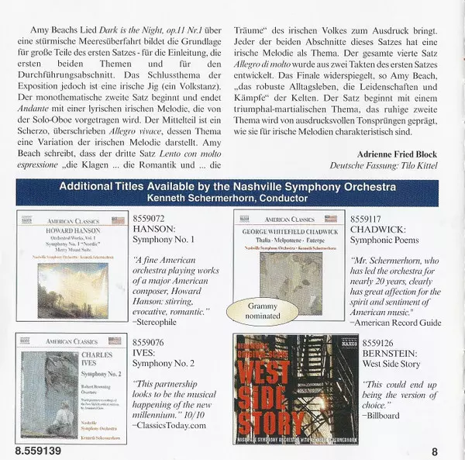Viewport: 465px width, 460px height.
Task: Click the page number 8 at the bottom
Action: pyautogui.click(x=435, y=451)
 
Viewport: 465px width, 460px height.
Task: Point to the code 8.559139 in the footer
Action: pyautogui.click(x=38, y=451)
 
